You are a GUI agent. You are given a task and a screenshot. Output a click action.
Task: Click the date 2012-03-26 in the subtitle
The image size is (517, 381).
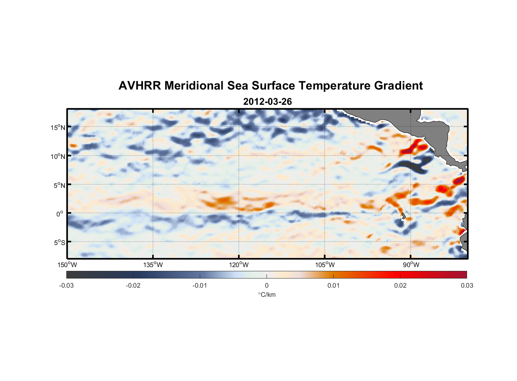click(x=267, y=102)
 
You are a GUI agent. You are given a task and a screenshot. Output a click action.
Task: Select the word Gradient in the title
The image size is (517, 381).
click(x=398, y=86)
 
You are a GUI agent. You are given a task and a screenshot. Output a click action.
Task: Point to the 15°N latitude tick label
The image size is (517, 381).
click(x=58, y=128)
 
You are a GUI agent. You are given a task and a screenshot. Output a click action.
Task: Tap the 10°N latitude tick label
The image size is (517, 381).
click(x=58, y=156)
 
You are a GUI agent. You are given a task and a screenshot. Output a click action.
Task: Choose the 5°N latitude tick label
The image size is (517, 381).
click(x=59, y=185)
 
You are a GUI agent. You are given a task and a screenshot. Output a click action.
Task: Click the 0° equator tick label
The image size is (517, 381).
click(x=60, y=214)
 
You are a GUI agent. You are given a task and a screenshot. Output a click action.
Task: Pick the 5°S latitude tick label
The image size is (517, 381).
click(x=59, y=243)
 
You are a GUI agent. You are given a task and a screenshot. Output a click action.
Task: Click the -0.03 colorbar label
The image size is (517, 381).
click(x=66, y=286)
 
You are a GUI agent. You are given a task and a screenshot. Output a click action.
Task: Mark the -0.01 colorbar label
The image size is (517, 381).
click(x=200, y=286)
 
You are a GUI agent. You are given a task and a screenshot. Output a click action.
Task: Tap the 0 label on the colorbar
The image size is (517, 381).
click(x=267, y=286)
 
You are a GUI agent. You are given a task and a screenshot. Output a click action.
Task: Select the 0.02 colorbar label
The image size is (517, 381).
click(x=400, y=286)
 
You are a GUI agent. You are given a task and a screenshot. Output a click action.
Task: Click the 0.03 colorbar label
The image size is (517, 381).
click(x=467, y=286)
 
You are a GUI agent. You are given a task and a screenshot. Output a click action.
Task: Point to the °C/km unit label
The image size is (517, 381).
click(x=267, y=295)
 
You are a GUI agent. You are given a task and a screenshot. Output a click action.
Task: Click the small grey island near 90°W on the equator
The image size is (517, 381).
click(x=403, y=216)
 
